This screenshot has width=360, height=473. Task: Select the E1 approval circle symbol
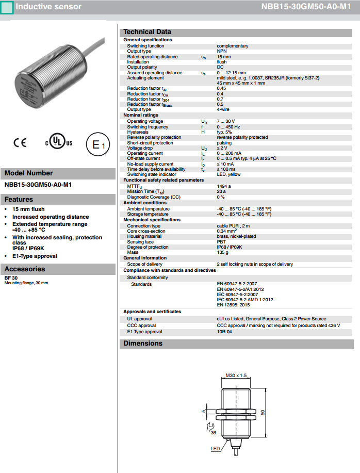tap(97, 145)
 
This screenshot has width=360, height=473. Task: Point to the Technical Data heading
tap(147, 32)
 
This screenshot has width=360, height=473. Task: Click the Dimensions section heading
tap(143, 344)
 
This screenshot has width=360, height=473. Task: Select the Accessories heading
tap(24, 269)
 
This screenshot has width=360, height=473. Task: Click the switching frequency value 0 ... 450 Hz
tap(228, 127)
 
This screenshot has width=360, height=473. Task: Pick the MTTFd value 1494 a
tap(224, 186)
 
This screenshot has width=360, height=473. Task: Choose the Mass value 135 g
tap(222, 252)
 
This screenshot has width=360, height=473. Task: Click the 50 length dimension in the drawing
tap(262, 412)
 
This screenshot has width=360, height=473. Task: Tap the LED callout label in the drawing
tap(215, 449)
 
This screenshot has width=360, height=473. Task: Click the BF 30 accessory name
tap(10, 278)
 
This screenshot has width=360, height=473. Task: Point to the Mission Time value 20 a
tap(221, 191)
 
